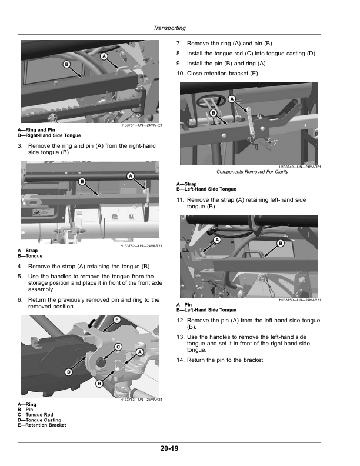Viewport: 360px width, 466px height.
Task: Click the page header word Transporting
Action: pos(169,28)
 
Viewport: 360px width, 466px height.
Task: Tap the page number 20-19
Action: pos(169,448)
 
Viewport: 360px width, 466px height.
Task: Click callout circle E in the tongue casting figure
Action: pos(116,319)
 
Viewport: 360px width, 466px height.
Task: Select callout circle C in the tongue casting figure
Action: pos(118,347)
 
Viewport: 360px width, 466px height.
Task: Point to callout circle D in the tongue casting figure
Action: pos(69,372)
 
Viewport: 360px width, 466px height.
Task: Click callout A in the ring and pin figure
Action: pos(104,56)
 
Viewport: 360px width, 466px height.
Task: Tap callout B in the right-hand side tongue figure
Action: pos(66,64)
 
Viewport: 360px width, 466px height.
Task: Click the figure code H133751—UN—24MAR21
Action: pos(141,125)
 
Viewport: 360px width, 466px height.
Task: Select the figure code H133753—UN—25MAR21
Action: pos(141,400)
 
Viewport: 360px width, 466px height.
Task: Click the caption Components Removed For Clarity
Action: pos(252,172)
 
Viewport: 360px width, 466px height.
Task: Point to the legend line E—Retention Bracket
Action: pos(42,425)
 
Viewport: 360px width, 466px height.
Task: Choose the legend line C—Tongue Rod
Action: pos(35,415)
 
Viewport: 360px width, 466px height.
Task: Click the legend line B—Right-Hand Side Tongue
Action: pos(49,135)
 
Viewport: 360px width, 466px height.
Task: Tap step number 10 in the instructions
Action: pos(181,74)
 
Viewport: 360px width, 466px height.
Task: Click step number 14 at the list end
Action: pos(181,360)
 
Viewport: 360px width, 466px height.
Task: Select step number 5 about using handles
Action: pos(20,277)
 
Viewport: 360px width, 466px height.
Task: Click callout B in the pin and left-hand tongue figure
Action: pos(281,244)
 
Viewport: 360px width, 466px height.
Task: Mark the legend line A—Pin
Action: pos(184,305)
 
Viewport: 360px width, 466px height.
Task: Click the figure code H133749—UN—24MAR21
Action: pos(300,167)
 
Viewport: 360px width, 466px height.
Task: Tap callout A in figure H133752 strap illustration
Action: pos(131,176)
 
